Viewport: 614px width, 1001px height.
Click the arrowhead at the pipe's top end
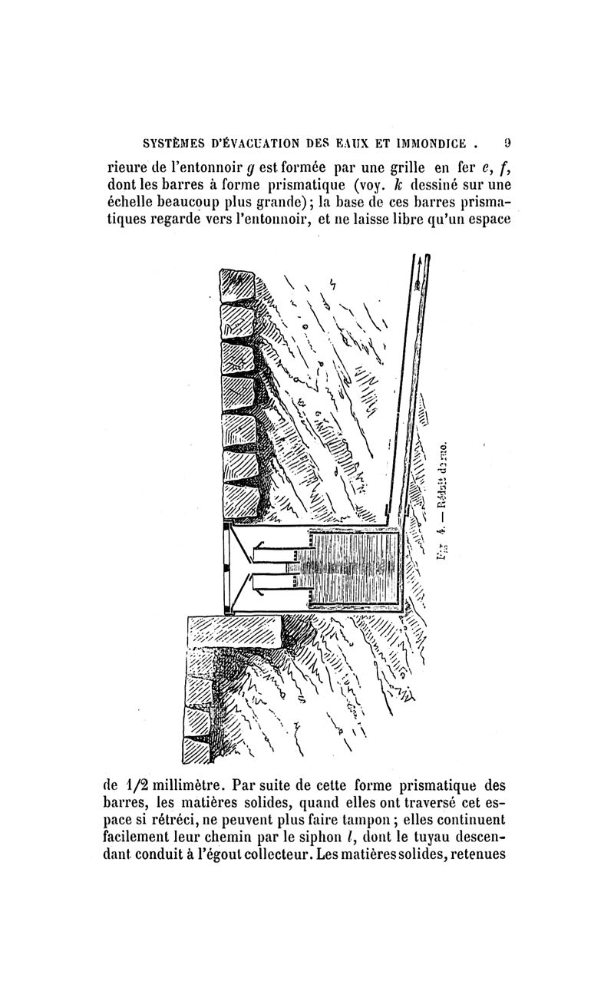click(x=418, y=282)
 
